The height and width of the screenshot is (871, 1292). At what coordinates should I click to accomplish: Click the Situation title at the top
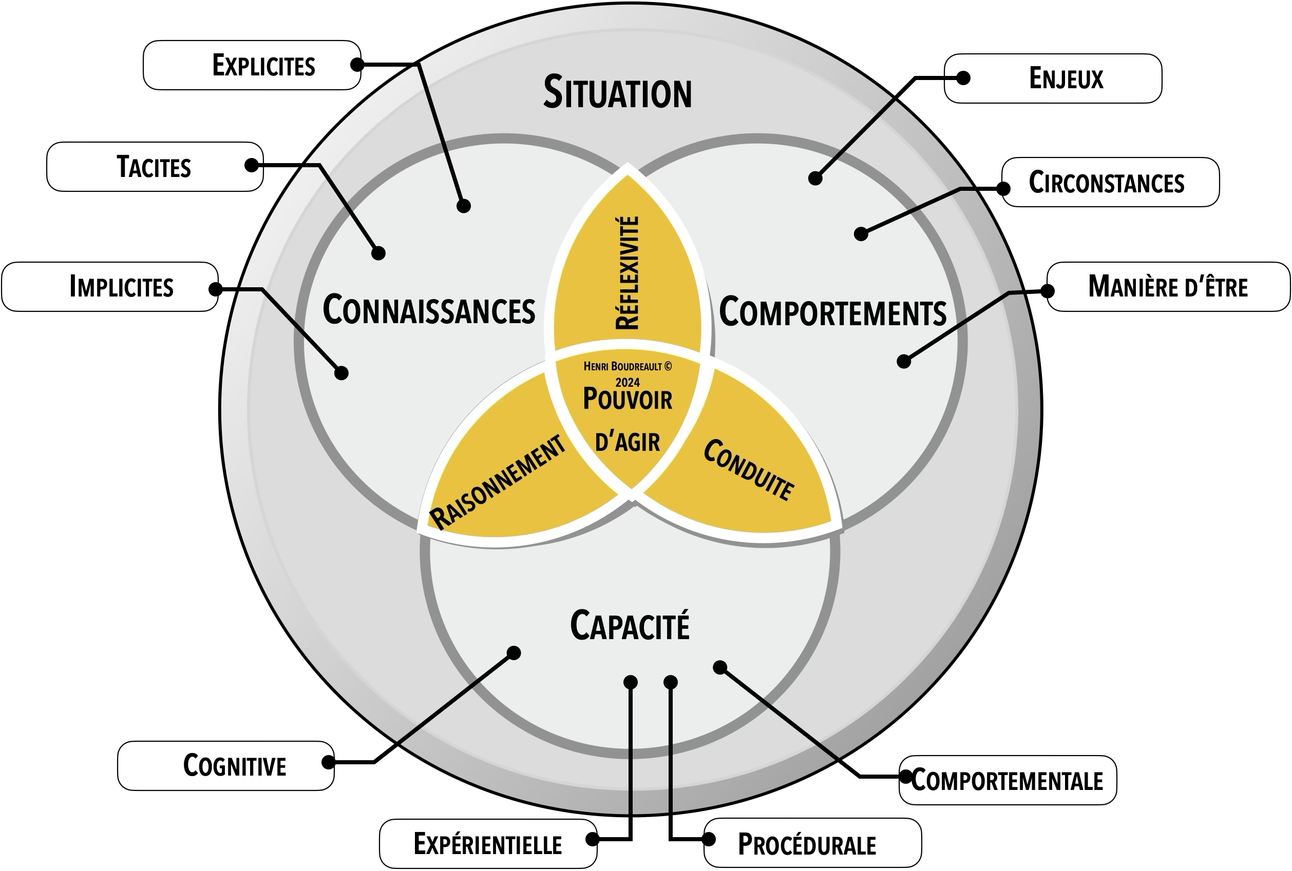618,93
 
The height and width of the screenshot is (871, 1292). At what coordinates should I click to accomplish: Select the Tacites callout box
155,167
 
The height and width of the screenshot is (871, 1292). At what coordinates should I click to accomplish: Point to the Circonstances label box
1110,182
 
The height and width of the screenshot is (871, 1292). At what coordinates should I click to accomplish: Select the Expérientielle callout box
487,844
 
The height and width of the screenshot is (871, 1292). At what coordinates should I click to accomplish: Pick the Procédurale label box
812,844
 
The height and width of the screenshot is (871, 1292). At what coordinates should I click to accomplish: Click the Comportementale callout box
1008,780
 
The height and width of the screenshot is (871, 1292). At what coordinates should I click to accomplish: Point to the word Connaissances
429,310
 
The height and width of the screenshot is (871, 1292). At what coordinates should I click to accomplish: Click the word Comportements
833,312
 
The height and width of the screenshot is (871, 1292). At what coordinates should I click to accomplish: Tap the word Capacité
630,625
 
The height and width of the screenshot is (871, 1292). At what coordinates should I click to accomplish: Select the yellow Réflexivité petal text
628,273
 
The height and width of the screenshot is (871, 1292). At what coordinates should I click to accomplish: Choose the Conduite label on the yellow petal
748,469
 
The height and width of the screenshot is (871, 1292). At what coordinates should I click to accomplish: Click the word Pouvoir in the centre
627,399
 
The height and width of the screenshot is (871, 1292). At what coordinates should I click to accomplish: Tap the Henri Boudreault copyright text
627,367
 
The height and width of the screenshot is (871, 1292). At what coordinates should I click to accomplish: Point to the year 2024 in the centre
627,382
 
